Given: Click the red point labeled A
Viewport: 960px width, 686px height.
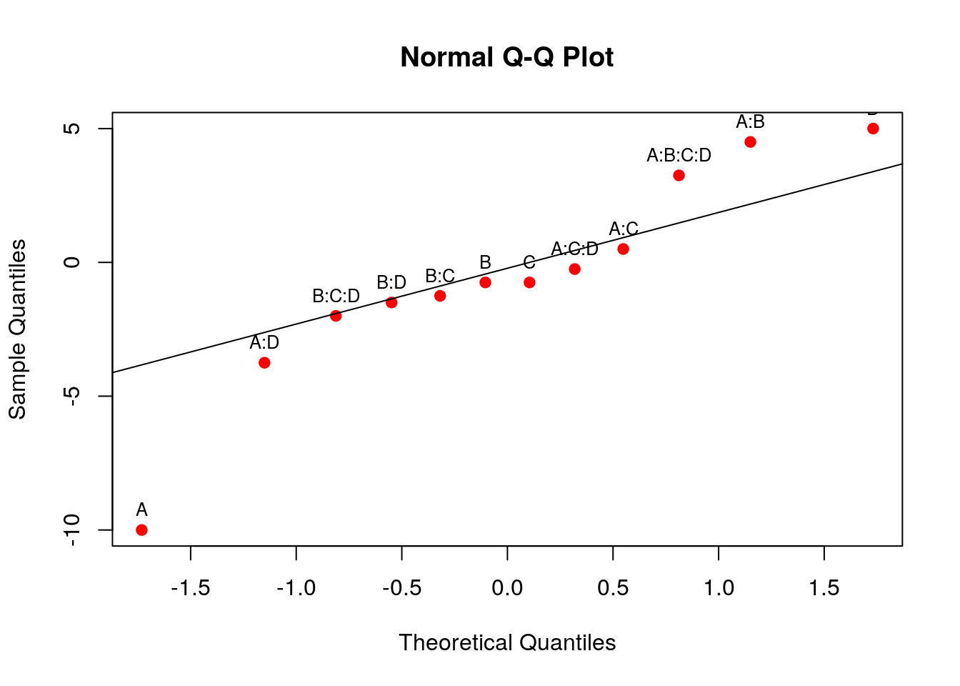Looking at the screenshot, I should point(141,530).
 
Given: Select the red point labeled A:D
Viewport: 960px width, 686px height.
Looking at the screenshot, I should point(264,362).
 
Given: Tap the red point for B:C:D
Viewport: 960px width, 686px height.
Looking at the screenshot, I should point(336,316).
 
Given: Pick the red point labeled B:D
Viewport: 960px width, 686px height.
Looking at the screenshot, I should point(391,302).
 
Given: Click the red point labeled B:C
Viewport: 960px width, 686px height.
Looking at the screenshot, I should point(440,296).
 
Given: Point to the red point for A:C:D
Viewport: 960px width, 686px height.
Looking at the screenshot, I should point(574,269).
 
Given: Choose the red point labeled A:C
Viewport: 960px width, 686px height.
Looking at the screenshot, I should point(623,249).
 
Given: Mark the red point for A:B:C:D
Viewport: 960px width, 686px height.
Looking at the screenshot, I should point(679,175).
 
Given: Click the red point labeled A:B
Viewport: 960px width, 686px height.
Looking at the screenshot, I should point(750,141).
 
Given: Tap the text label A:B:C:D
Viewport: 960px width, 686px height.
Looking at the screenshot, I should point(679,155).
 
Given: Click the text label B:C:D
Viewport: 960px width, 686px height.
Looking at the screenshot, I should point(336,296).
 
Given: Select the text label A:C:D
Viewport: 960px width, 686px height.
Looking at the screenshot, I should point(574,249).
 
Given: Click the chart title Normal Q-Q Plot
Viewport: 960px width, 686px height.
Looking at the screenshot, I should point(506,57).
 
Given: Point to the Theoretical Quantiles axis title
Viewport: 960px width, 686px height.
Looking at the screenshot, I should point(507,642).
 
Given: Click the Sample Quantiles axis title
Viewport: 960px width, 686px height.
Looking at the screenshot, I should point(17,329).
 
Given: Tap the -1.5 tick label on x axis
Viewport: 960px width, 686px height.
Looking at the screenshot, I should point(190,588).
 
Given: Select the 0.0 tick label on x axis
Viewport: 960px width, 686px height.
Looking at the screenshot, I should point(507,588).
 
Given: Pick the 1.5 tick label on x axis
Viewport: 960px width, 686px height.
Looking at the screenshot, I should point(824,588).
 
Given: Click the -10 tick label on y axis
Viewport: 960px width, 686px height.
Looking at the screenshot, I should point(72,530).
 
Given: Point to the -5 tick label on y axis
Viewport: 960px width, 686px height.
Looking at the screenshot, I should point(72,396).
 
